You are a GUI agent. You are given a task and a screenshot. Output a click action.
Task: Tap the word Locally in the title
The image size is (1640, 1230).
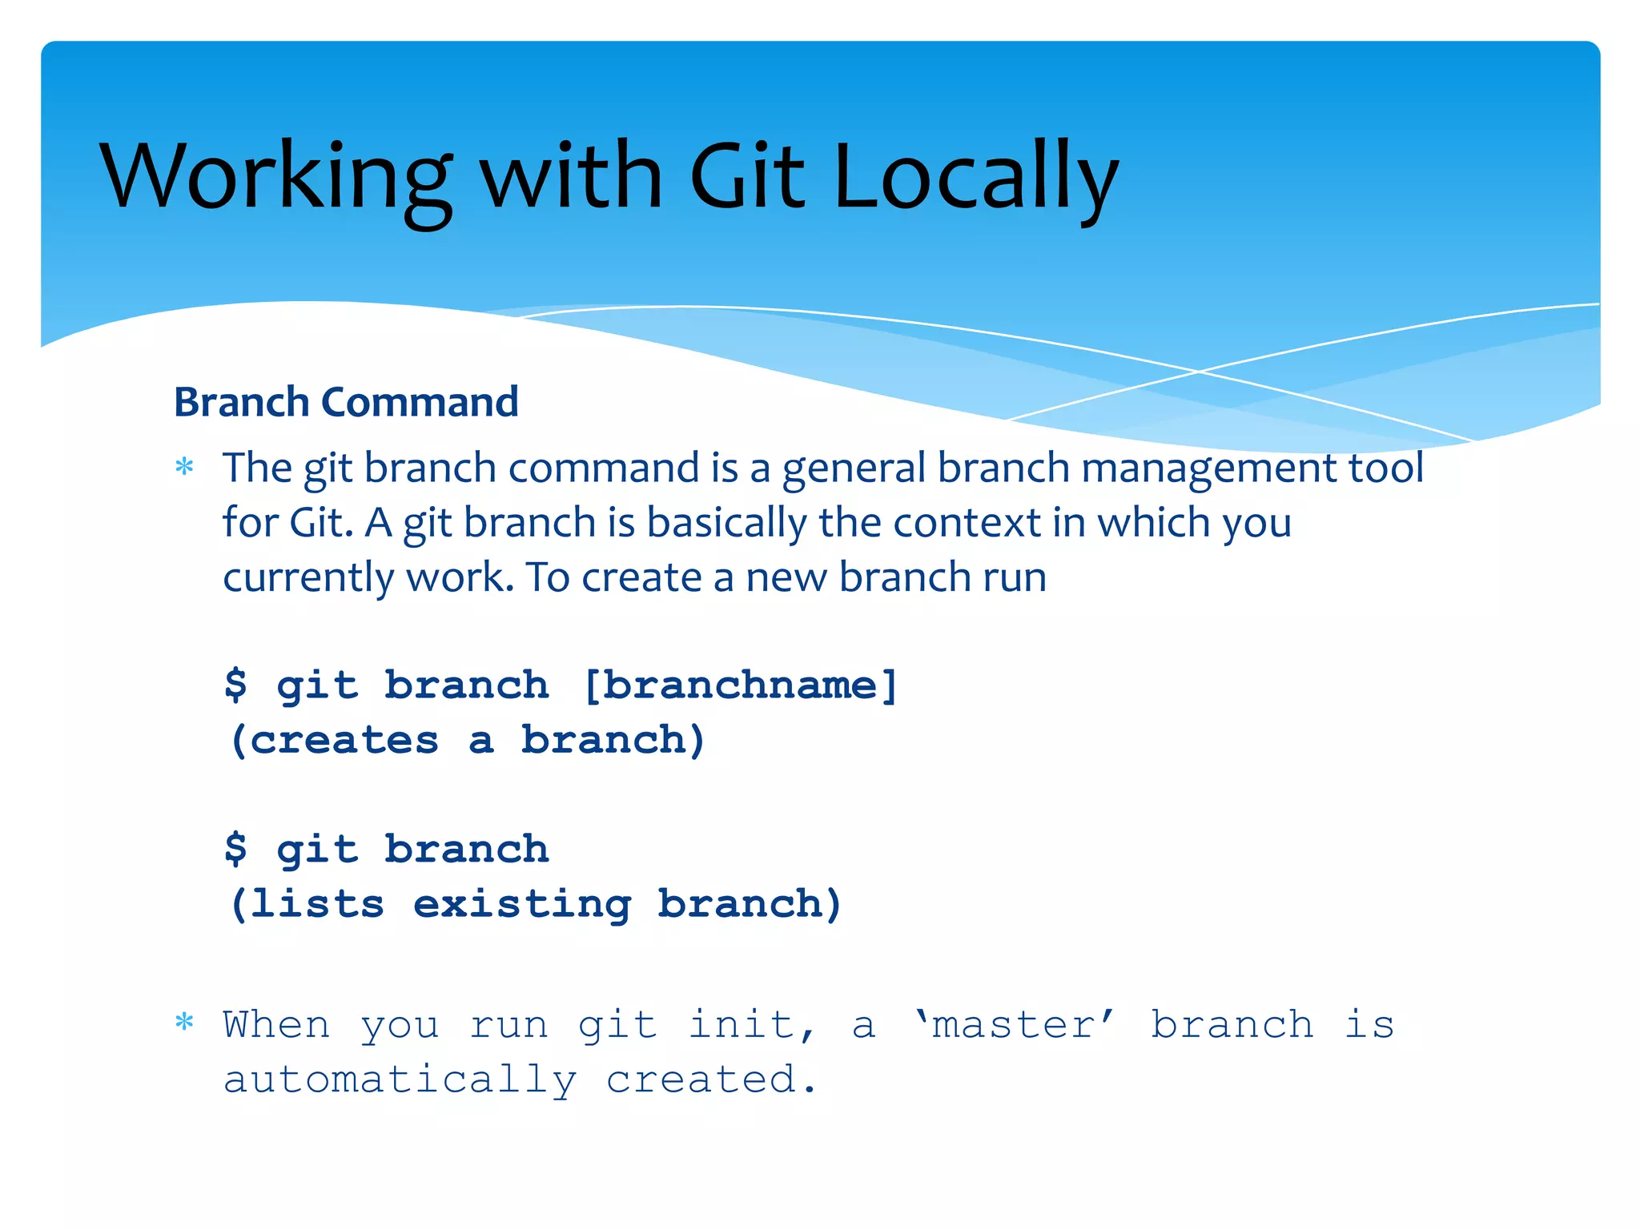click(975, 178)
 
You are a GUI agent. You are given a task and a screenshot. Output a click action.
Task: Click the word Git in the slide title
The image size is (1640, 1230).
click(746, 178)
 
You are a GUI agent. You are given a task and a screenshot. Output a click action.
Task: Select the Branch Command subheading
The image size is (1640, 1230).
click(346, 402)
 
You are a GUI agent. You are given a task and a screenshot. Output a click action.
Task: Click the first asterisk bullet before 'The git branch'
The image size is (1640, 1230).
click(185, 467)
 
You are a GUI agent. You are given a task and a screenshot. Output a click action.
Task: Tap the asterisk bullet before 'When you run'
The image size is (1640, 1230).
click(185, 1023)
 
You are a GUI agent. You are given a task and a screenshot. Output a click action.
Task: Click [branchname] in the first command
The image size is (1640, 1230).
click(741, 685)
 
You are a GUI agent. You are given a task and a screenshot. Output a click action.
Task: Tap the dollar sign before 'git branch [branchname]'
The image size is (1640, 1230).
click(235, 685)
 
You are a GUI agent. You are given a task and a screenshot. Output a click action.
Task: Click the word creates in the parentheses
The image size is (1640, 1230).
click(344, 740)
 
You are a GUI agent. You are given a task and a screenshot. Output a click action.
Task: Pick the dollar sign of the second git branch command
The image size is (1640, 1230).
click(235, 849)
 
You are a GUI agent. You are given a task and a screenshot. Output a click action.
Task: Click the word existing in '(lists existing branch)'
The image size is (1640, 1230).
click(522, 904)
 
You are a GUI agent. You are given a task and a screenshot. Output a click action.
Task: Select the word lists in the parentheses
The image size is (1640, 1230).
click(317, 904)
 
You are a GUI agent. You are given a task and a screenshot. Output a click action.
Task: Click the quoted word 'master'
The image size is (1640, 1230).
click(1015, 1025)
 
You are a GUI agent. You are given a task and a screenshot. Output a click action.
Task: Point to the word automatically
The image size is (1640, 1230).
click(400, 1081)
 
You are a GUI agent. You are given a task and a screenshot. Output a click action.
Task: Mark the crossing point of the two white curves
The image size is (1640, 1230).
click(1199, 372)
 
